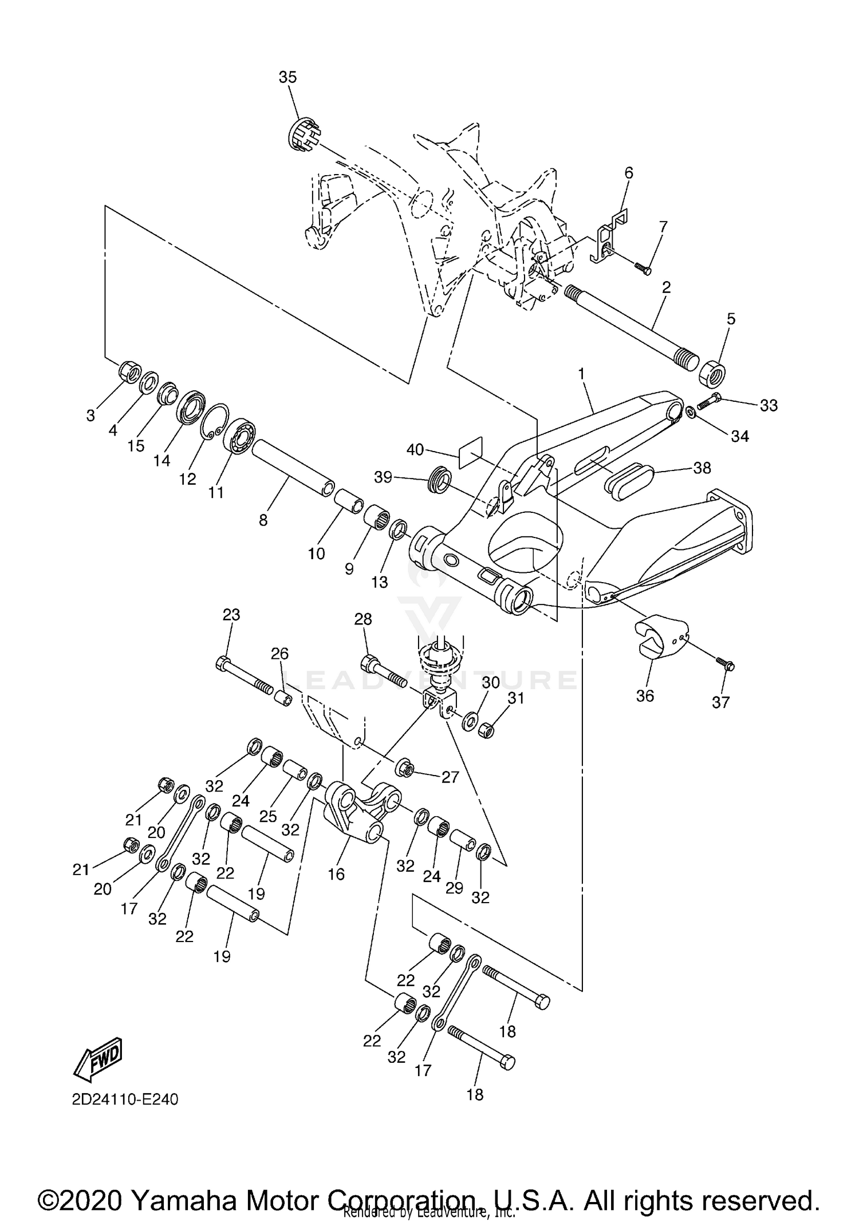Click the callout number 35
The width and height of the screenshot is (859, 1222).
pos(287,77)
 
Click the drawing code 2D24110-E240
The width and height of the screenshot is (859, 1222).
pos(125,1100)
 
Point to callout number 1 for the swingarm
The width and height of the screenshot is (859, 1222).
pos(581,374)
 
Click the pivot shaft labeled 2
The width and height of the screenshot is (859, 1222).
pos(630,324)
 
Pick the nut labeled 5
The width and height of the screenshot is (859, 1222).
pos(712,373)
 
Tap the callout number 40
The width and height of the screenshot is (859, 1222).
pos(415,450)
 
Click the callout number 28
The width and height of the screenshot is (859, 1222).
pos(363,619)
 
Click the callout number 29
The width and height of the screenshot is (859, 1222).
pos(454,888)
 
